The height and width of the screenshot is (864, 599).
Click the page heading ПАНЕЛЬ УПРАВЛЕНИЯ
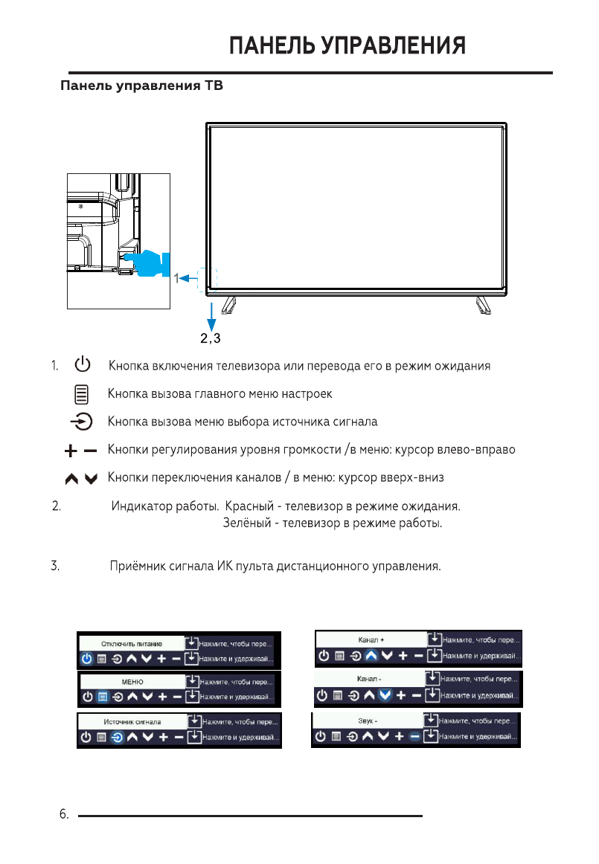pyautogui.click(x=347, y=46)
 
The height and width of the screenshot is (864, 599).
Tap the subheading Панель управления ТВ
pyautogui.click(x=141, y=86)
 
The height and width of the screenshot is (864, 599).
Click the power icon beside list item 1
pyautogui.click(x=82, y=365)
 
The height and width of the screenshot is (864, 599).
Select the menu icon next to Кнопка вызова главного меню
pyautogui.click(x=82, y=393)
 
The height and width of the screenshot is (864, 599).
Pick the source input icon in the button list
pyautogui.click(x=82, y=422)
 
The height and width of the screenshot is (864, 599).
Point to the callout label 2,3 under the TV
pyautogui.click(x=211, y=339)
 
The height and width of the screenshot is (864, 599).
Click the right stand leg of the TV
pyautogui.click(x=484, y=304)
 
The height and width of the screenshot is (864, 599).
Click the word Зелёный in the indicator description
pyautogui.click(x=247, y=524)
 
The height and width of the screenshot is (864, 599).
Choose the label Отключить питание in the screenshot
pyautogui.click(x=132, y=643)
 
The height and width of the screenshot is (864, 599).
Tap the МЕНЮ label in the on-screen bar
pyautogui.click(x=132, y=682)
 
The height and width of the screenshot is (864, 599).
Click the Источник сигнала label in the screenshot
pyautogui.click(x=132, y=721)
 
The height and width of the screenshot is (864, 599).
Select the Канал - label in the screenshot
pyautogui.click(x=369, y=679)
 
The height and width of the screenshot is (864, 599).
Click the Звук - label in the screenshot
pyautogui.click(x=367, y=720)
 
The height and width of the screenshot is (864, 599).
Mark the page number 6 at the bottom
pyautogui.click(x=63, y=816)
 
